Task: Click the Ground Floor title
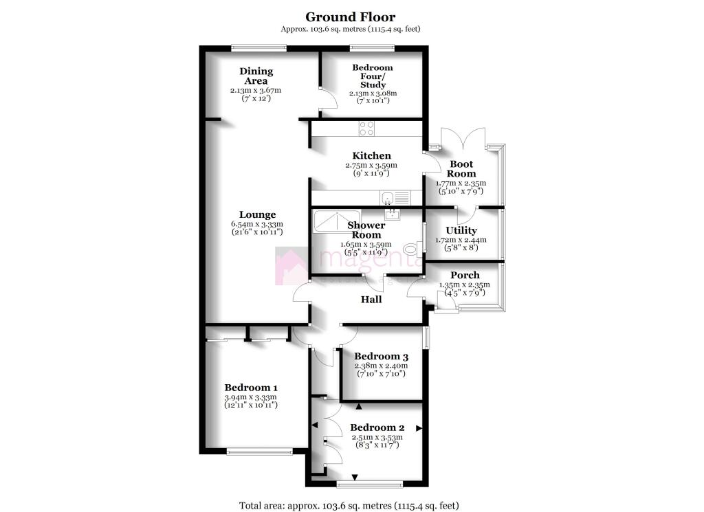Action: pyautogui.click(x=351, y=16)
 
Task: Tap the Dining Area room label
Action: pyautogui.click(x=256, y=76)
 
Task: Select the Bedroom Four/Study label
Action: pyautogui.click(x=373, y=76)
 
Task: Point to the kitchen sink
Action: pyautogui.click(x=388, y=198)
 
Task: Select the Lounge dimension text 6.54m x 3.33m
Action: pyautogui.click(x=257, y=224)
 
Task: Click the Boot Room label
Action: pyautogui.click(x=462, y=169)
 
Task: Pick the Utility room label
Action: pyautogui.click(x=461, y=230)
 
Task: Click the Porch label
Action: pyautogui.click(x=465, y=275)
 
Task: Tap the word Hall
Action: pyautogui.click(x=371, y=299)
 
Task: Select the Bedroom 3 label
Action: pyautogui.click(x=381, y=357)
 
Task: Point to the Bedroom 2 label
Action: pyautogui.click(x=377, y=427)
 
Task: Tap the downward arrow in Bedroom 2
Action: pyautogui.click(x=355, y=477)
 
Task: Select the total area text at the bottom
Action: pyautogui.click(x=349, y=505)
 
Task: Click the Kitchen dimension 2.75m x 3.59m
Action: pyautogui.click(x=371, y=166)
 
